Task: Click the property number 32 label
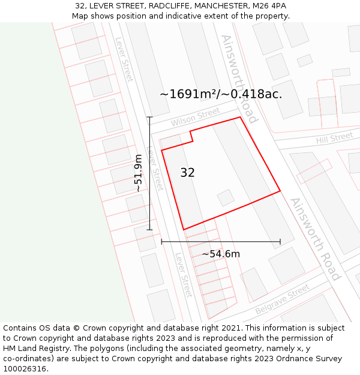(x=187, y=173)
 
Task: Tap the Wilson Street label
(x=196, y=117)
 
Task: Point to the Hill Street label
(x=334, y=138)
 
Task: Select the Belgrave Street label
(x=282, y=299)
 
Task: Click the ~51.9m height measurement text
(x=139, y=173)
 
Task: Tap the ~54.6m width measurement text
(x=221, y=254)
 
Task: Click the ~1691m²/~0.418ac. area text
(x=221, y=94)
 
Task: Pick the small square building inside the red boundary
(x=226, y=197)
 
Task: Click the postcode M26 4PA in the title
(x=269, y=6)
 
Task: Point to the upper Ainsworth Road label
(x=239, y=78)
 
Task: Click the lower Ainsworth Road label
(x=316, y=239)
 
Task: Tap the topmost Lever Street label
(x=124, y=60)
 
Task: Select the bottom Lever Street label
(x=184, y=275)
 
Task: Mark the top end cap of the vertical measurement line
(x=149, y=117)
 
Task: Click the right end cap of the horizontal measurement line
(x=280, y=242)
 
